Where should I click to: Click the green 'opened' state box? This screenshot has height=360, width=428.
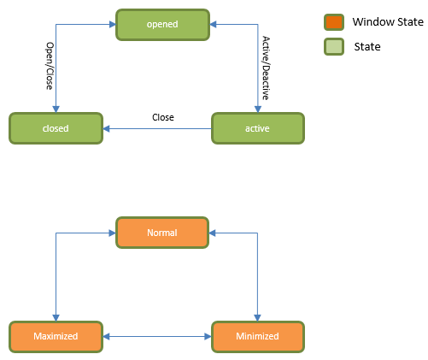pyautogui.click(x=162, y=24)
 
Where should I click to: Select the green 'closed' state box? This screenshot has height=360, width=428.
pyautogui.click(x=56, y=128)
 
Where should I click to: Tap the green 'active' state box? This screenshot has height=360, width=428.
pyautogui.click(x=257, y=128)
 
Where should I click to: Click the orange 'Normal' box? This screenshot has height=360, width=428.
pyautogui.click(x=162, y=232)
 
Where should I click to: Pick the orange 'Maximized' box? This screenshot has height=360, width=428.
pyautogui.click(x=56, y=336)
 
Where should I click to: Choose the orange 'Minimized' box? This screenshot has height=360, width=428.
pyautogui.click(x=257, y=336)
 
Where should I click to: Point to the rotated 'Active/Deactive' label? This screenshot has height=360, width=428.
pyautogui.click(x=266, y=69)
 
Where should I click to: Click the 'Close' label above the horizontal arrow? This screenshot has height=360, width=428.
pyautogui.click(x=162, y=117)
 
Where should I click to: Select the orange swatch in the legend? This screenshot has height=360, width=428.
pyautogui.click(x=333, y=22)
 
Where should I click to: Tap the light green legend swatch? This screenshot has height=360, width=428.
pyautogui.click(x=333, y=46)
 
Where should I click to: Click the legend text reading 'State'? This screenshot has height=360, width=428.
pyautogui.click(x=367, y=46)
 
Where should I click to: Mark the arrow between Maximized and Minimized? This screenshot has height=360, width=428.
pyautogui.click(x=157, y=336)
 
